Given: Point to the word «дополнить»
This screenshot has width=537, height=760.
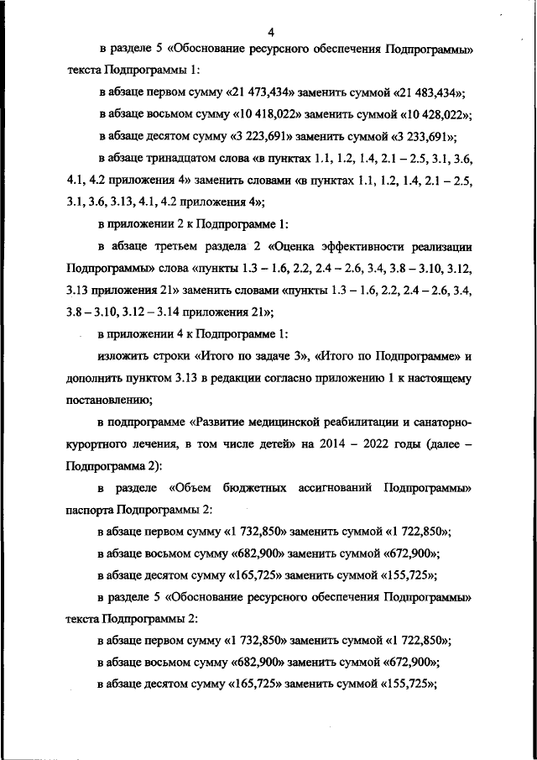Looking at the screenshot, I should tap(96, 378).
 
